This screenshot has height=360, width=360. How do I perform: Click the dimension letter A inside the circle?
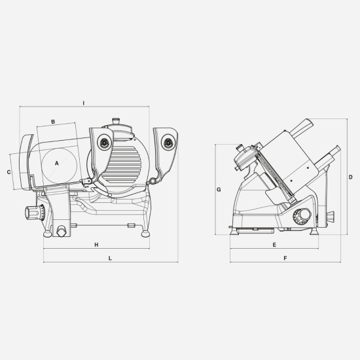(x=57, y=163)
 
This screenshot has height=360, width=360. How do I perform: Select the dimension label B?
(x=52, y=120)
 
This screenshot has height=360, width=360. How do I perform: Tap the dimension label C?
(x=9, y=172)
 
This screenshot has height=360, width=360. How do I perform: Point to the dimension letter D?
(x=351, y=177)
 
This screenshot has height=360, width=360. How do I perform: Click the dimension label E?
(x=275, y=244)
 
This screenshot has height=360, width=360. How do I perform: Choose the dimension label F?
(x=285, y=259)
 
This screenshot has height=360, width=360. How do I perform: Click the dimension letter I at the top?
(x=84, y=102)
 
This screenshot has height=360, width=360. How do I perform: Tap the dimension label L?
(x=110, y=259)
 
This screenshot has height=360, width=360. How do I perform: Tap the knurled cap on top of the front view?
(x=117, y=120)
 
